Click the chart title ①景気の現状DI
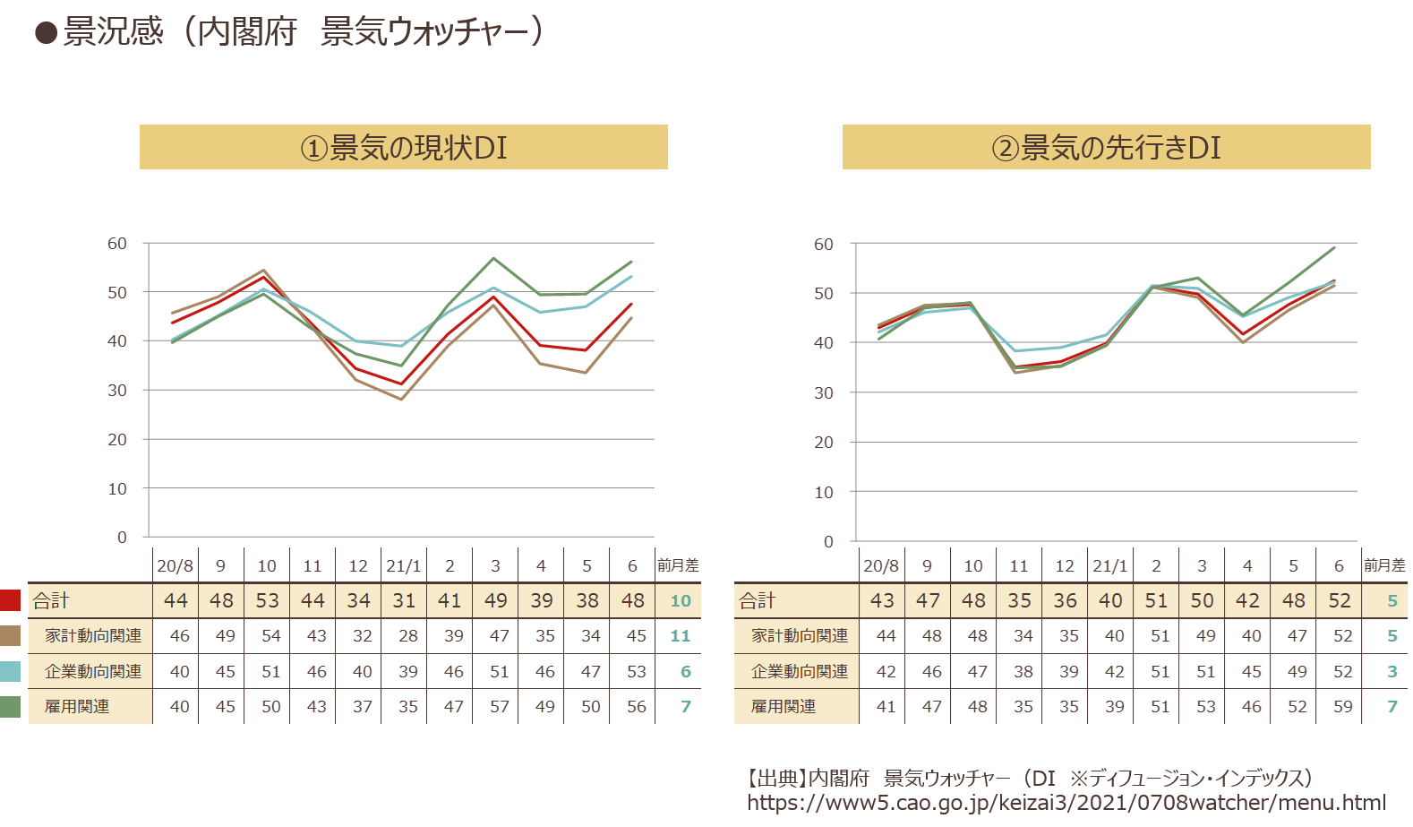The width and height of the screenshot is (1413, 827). click(404, 149)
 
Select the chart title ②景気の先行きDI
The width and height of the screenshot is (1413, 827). click(1107, 149)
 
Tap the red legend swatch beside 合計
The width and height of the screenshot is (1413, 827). click(10, 600)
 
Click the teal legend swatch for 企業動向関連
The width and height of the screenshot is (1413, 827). click(10, 671)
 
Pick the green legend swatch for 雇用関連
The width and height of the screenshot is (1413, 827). click(10, 706)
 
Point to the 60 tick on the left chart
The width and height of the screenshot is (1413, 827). click(117, 244)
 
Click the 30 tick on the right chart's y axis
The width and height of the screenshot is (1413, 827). click(824, 392)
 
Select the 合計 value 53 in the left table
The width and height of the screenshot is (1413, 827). click(267, 600)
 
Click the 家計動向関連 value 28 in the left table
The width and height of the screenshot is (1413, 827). click(408, 636)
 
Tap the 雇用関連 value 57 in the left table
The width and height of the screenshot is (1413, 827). click(500, 706)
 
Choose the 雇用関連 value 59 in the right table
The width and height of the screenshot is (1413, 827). click(1343, 706)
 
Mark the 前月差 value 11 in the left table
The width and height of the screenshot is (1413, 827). click(680, 636)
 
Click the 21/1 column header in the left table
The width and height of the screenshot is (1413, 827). click(404, 565)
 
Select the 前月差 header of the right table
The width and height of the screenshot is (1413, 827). click(1384, 565)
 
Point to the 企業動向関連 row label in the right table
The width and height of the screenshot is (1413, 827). click(800, 671)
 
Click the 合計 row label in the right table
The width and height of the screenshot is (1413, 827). click(757, 600)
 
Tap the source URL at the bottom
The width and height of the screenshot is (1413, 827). click(1066, 803)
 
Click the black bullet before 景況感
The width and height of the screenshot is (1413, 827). click(46, 33)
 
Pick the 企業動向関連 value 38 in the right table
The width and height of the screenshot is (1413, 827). click(1023, 671)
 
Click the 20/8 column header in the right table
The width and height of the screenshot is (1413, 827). click(881, 565)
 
